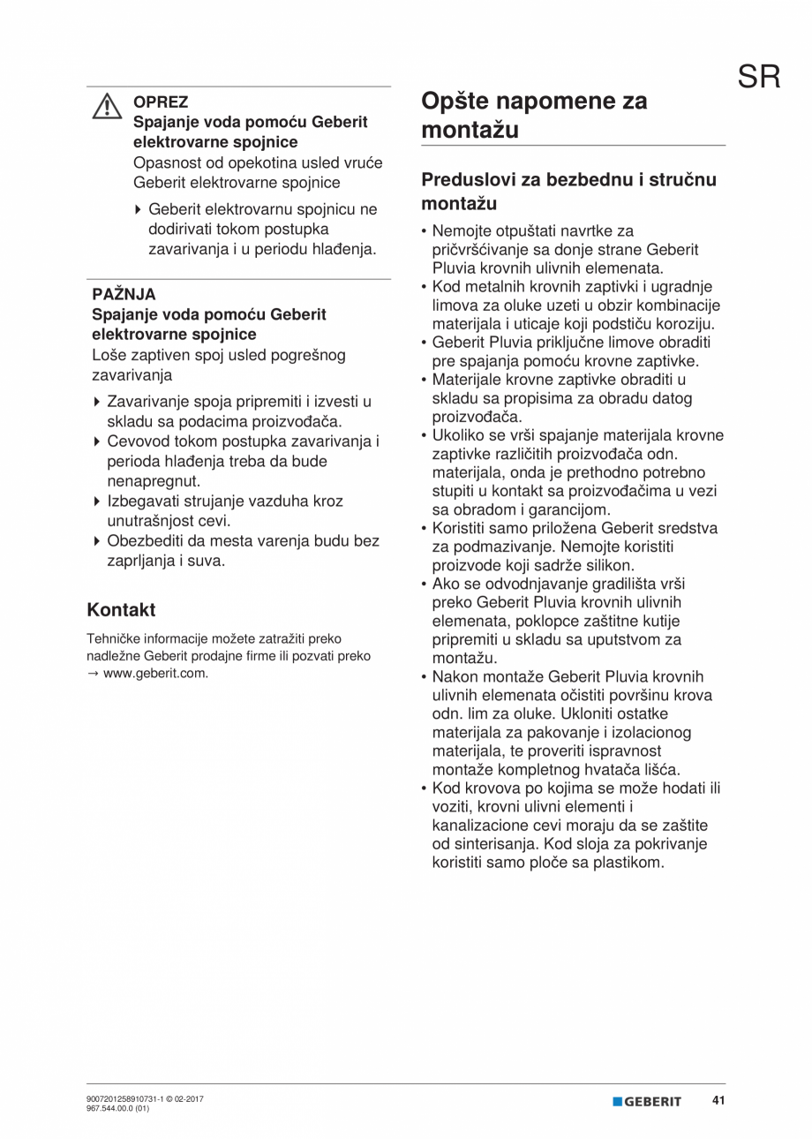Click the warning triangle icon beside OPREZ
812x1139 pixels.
107,107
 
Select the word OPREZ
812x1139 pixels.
161,102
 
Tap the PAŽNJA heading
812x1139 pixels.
124,295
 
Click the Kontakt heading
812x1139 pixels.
121,609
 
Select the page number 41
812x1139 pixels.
718,1101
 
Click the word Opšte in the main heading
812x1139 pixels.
459,101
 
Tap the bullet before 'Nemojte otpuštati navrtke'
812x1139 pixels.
425,231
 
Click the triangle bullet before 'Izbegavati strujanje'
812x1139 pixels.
97,502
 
